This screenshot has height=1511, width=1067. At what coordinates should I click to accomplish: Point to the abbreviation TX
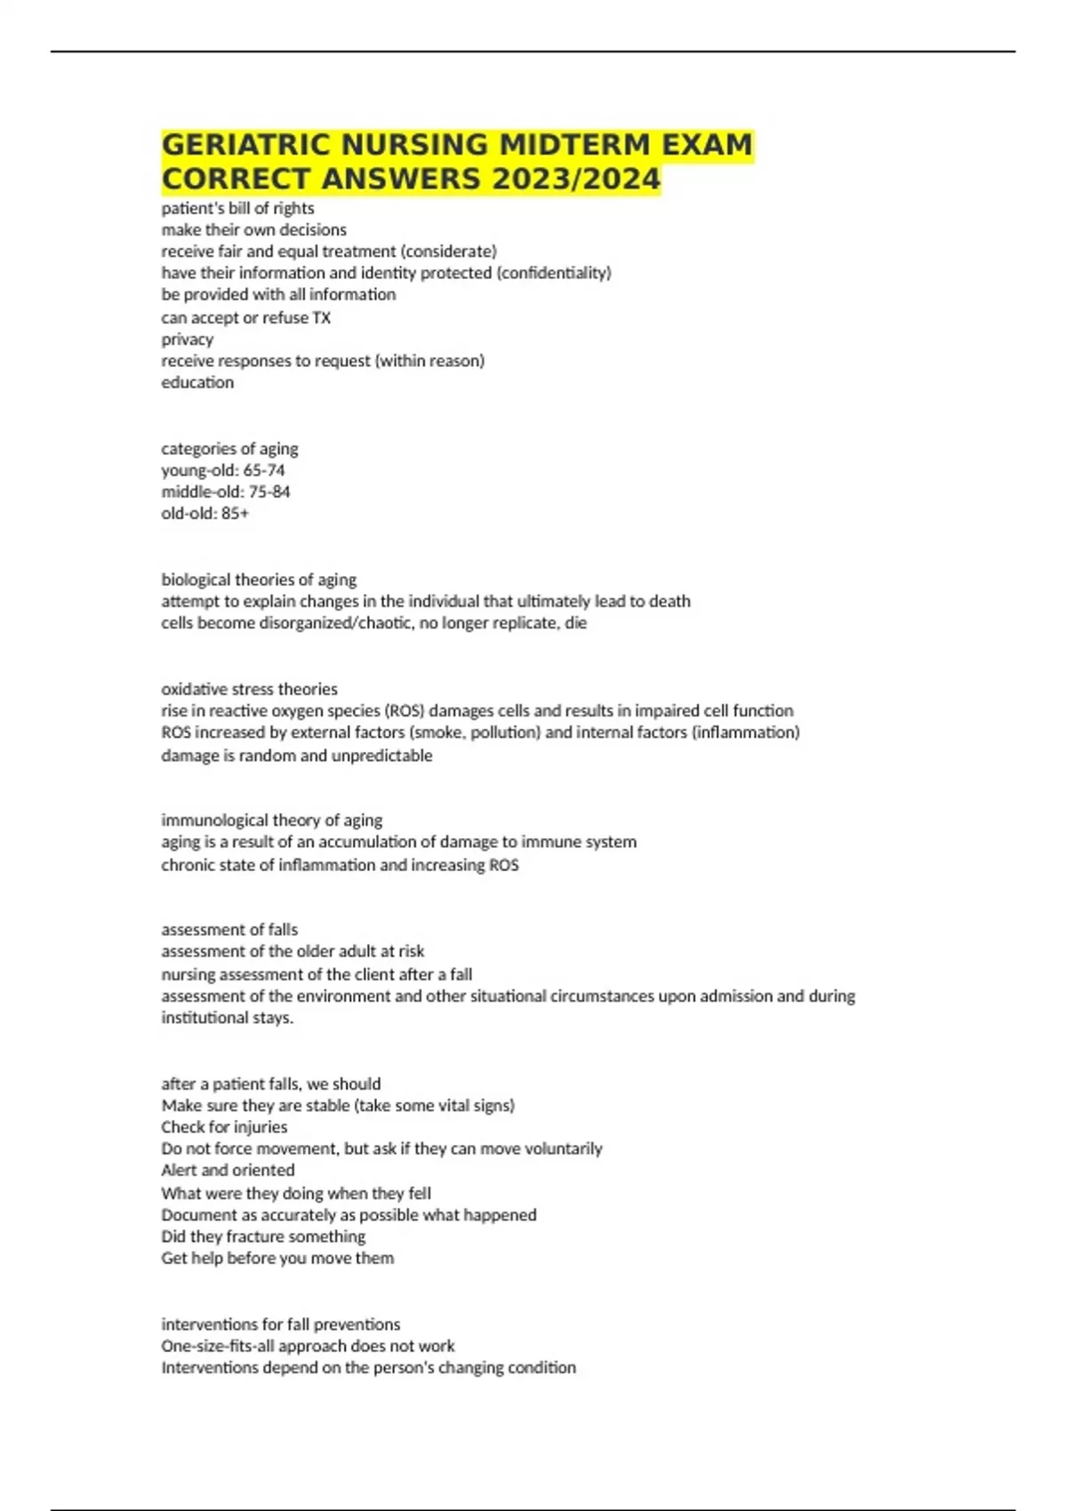tap(321, 317)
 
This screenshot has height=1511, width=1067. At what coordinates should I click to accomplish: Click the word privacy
tap(188, 340)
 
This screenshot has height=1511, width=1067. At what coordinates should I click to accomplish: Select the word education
tap(197, 382)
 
